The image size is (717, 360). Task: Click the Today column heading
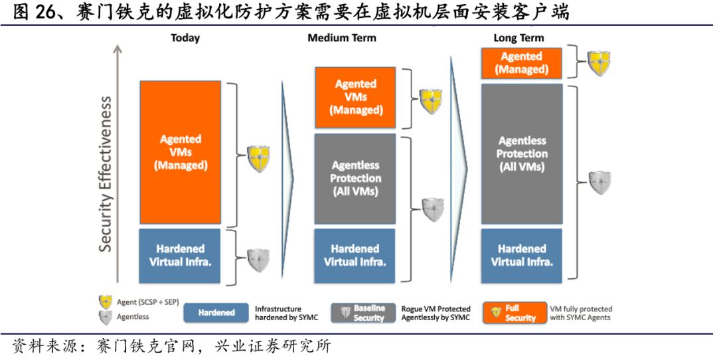pyautogui.click(x=185, y=38)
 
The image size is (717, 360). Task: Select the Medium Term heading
pyautogui.click(x=341, y=38)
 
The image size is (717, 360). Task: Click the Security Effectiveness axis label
pyautogui.click(x=106, y=174)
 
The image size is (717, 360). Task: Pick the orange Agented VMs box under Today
pyautogui.click(x=180, y=152)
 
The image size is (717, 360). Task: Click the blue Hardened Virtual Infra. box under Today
pyautogui.click(x=180, y=255)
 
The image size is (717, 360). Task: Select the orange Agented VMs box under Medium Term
pyautogui.click(x=355, y=97)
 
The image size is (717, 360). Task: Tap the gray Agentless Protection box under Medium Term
pyautogui.click(x=355, y=178)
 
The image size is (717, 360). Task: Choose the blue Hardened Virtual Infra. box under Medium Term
pyautogui.click(x=355, y=255)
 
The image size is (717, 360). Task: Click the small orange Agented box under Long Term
pyautogui.click(x=521, y=63)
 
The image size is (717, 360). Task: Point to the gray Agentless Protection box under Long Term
pyautogui.click(x=521, y=153)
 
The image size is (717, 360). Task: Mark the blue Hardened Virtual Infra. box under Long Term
pyautogui.click(x=521, y=255)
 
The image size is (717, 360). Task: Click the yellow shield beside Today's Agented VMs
pyautogui.click(x=258, y=159)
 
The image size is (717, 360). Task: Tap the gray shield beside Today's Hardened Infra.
pyautogui.click(x=258, y=260)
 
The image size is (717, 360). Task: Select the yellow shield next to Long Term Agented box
pyautogui.click(x=598, y=62)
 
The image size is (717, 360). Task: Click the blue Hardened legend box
pyautogui.click(x=216, y=313)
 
